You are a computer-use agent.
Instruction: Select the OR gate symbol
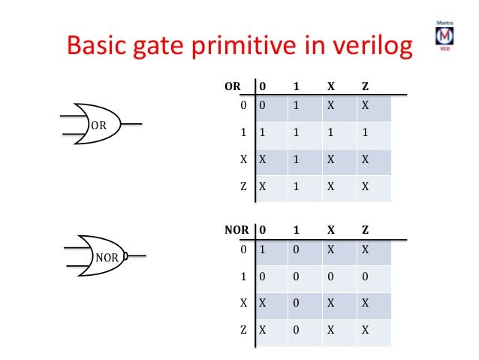pos(98,124)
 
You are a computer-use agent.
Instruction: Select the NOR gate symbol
pos(102,256)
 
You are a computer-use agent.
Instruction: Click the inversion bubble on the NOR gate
pos(126,256)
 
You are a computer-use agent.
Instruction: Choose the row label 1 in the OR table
pos(245,133)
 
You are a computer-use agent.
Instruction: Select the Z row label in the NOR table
pos(244,329)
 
